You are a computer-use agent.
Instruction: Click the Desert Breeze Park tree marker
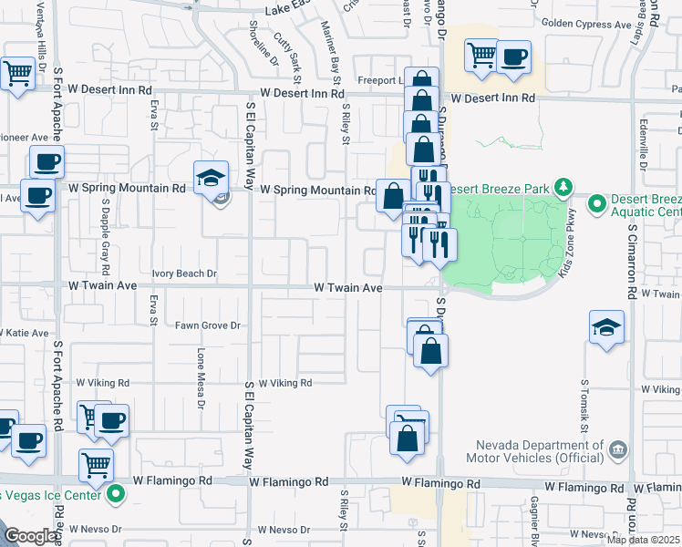[x=563, y=188]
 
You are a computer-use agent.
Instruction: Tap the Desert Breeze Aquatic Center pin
[x=597, y=203]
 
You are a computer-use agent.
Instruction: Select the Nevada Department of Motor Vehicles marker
[x=617, y=449]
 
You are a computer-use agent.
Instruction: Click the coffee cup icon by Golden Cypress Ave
[x=513, y=57]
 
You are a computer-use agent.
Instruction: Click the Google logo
[x=31, y=536]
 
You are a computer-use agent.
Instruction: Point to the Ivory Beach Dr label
[x=184, y=273]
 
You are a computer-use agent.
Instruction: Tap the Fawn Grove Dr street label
[x=209, y=325]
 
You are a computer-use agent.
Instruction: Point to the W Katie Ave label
[x=26, y=334]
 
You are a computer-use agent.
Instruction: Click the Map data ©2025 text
[x=643, y=540]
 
